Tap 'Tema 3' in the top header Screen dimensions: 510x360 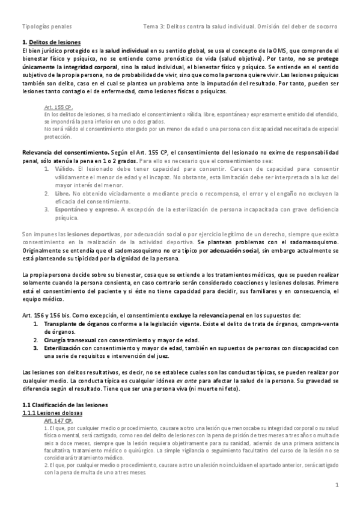pos(154,27)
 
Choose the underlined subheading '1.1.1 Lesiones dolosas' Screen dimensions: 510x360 pos(52,414)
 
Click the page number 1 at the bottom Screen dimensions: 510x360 pos(337,484)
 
